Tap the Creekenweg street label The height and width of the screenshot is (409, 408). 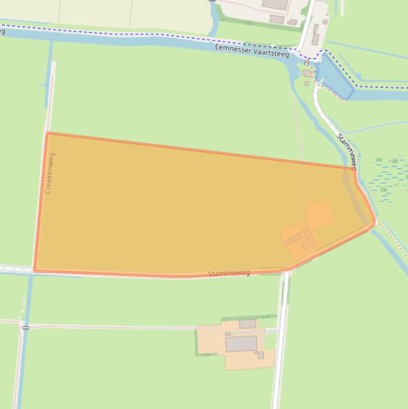coord(50,173)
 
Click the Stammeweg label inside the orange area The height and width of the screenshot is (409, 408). coord(229,273)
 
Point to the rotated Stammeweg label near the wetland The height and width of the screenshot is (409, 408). coord(348,151)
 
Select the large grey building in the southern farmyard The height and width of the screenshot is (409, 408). coord(241,344)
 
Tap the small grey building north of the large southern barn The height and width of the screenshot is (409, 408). coord(247,324)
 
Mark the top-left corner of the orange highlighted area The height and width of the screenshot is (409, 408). coord(48,133)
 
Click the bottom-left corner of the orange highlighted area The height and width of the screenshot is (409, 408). coord(35,270)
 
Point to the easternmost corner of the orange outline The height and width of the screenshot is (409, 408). coord(375,221)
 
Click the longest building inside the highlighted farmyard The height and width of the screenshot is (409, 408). coord(309,237)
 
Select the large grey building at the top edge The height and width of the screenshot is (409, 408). coord(275,4)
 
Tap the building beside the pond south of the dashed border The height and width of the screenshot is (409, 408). coord(307,73)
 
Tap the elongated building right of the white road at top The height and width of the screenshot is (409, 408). coord(315,34)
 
